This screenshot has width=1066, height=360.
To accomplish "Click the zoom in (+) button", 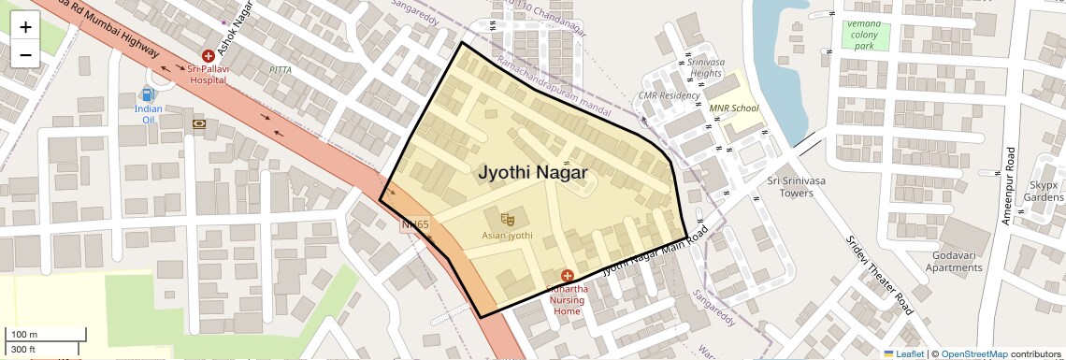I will (25, 26).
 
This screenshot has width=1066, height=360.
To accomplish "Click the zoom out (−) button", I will (25, 54).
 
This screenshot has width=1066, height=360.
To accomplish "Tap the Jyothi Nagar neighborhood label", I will (533, 173).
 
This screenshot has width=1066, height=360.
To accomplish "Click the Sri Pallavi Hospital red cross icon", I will (208, 57).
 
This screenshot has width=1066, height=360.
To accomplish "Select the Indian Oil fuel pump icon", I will (147, 94).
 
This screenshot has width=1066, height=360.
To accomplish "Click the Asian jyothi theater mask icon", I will (508, 219).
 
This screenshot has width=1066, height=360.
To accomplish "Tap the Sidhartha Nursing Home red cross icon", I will (567, 275).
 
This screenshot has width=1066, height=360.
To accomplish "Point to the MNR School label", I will (734, 108).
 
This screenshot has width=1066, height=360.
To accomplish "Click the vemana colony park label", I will (863, 35).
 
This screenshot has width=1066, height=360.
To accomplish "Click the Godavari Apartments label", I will (954, 262).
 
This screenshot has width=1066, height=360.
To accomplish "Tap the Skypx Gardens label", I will (1044, 192).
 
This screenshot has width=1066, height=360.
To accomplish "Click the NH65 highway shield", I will (415, 224).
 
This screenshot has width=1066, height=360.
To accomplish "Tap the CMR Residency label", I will (669, 95).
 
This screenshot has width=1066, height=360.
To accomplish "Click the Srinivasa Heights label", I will (705, 67).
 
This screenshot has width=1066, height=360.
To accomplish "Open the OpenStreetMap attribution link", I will (973, 354).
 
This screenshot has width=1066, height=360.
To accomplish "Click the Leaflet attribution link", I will (903, 354).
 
